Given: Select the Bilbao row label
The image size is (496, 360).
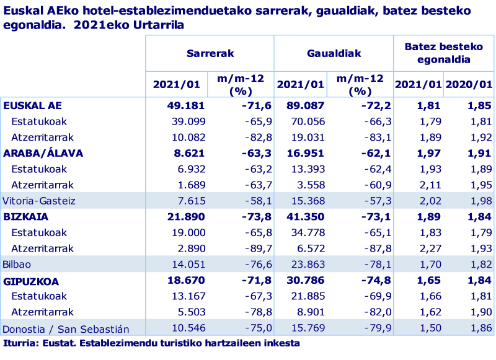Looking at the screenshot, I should (17, 265).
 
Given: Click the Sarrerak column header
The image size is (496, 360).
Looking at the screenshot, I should (210, 53).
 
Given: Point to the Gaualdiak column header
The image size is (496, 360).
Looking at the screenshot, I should (334, 53).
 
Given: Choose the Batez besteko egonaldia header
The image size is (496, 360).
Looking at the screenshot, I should (443, 53).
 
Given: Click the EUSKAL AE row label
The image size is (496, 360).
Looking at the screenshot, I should (33, 105).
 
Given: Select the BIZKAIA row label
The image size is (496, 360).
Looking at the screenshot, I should (26, 217).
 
